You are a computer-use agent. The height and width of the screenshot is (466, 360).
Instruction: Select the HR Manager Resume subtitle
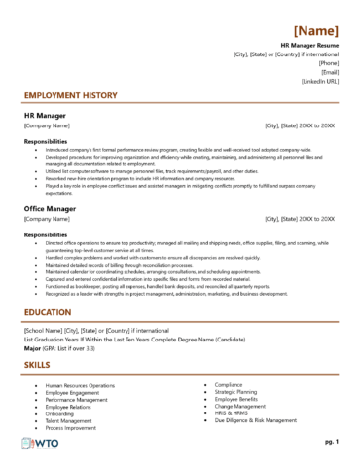(x=309, y=46)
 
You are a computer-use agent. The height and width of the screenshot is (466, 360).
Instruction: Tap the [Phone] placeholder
(x=327, y=62)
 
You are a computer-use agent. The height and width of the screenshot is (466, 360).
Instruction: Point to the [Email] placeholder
(x=329, y=71)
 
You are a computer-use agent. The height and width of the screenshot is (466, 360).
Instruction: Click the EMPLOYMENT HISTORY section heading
(x=69, y=96)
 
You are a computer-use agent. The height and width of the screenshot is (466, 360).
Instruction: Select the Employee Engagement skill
(x=74, y=393)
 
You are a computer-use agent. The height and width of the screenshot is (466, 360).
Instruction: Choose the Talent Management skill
(x=71, y=419)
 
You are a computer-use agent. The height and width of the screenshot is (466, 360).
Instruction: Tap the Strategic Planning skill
(x=238, y=392)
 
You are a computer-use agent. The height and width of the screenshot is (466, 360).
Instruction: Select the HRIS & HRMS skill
(x=234, y=412)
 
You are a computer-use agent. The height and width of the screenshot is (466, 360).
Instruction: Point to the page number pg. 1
(x=331, y=442)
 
